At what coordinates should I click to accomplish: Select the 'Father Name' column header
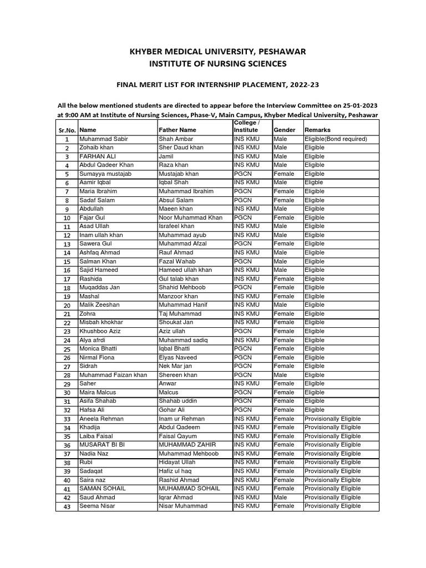[177, 130]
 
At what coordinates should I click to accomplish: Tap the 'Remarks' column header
[318, 130]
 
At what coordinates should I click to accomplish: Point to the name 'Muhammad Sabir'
[104, 139]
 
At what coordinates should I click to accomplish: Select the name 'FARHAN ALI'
[97, 156]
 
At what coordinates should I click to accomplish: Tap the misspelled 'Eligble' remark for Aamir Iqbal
[314, 182]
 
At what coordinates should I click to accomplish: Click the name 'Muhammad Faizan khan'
[113, 374]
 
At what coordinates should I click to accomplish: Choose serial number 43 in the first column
[67, 506]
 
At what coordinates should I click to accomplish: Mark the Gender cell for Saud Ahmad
[281, 497]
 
